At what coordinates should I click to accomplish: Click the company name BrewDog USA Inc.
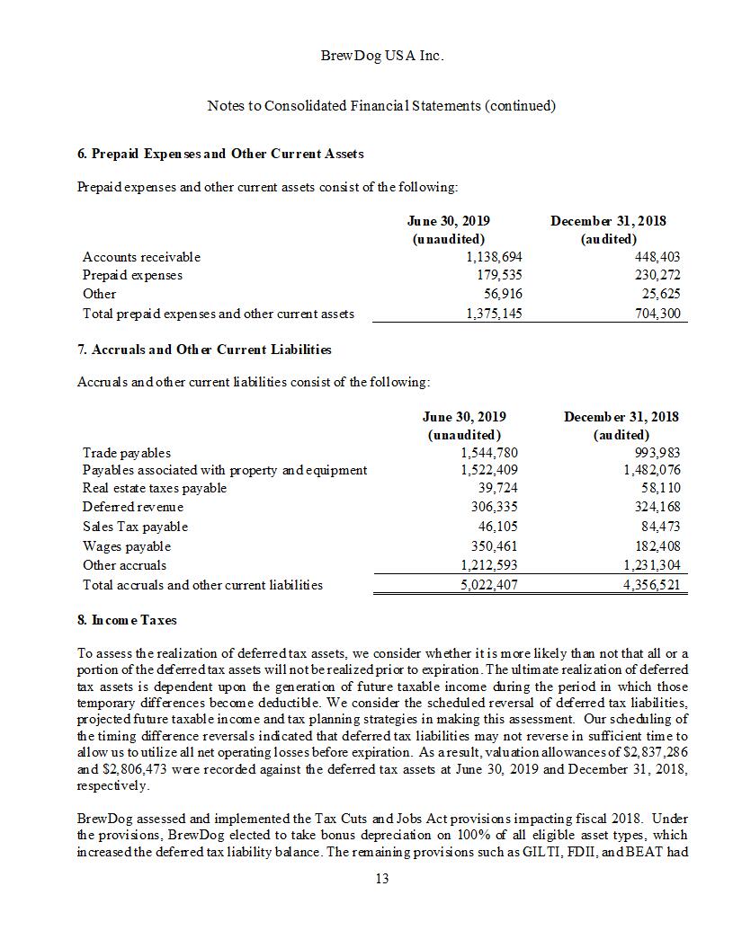pos(381,56)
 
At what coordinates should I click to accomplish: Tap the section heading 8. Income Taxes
pos(127,620)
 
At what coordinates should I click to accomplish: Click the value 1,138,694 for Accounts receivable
pos(491,257)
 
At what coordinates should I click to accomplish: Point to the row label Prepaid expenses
pos(132,275)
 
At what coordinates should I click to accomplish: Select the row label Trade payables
pos(127,453)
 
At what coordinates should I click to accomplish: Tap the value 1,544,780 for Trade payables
pos(488,453)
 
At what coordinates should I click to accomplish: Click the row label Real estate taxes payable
pos(155,488)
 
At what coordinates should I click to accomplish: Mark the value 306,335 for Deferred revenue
pos(495,507)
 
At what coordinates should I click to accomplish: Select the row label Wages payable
pos(127,546)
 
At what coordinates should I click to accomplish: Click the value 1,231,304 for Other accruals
pos(652,565)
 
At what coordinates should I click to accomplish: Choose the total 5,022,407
pos(488,585)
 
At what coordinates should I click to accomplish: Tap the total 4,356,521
pos(652,585)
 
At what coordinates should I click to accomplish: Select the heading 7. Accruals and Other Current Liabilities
pos(204,349)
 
